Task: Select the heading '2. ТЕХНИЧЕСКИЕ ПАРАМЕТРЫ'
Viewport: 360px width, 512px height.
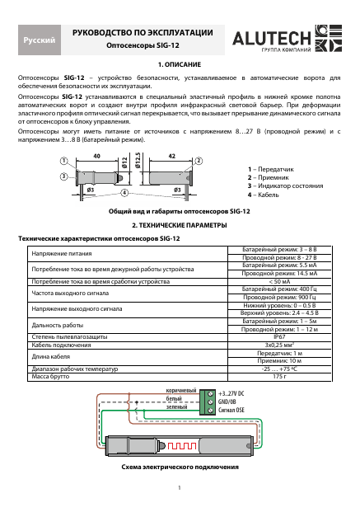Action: pos(179,225)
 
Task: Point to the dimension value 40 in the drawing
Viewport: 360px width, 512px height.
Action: pos(97,155)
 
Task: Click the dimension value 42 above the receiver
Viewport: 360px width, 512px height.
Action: pos(172,155)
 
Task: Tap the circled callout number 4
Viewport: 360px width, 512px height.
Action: pos(124,193)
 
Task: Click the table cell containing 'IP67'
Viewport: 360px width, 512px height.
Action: pos(278,336)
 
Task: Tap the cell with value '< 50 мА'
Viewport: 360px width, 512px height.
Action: pos(278,281)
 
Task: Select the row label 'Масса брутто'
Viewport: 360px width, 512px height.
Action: pos(50,376)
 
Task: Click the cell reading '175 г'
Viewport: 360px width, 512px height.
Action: pos(278,376)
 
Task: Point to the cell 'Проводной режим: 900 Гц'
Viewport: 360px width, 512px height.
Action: pos(278,297)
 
